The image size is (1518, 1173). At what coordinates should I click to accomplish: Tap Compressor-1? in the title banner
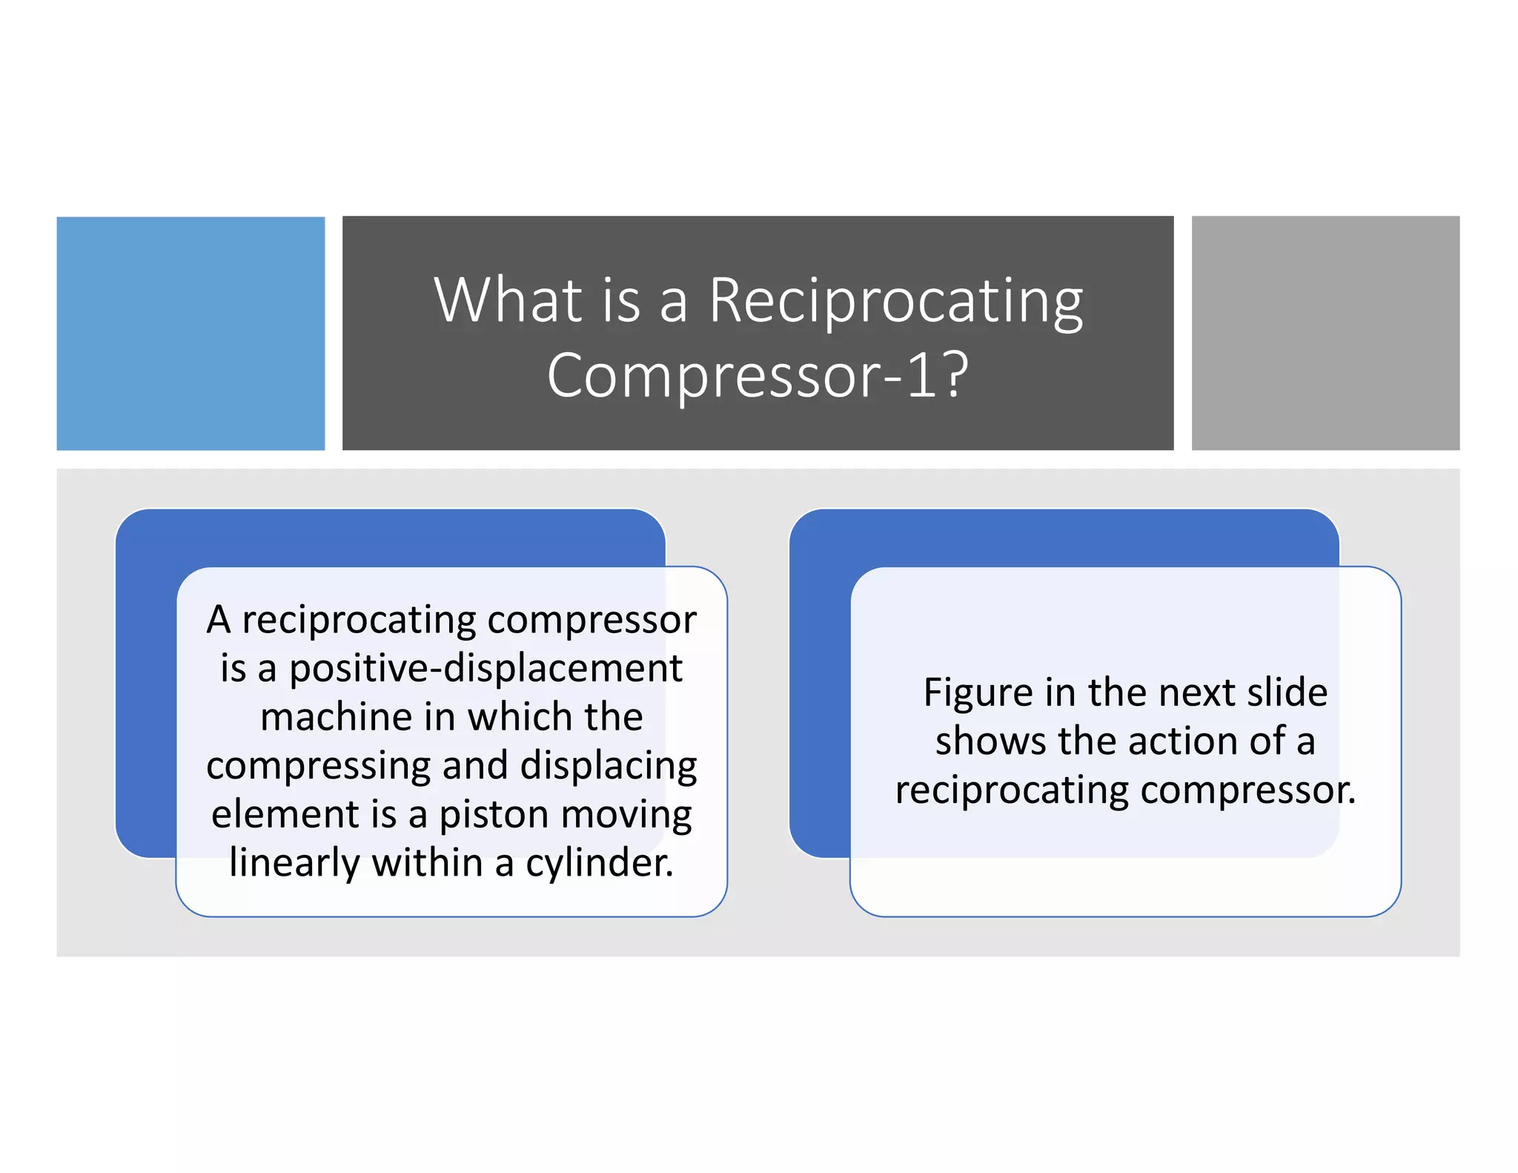click(x=757, y=374)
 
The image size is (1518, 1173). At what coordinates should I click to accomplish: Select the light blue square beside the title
click(x=190, y=333)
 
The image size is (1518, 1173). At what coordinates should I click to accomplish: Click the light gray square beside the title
click(x=1325, y=333)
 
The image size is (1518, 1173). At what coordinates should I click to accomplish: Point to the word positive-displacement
click(x=485, y=668)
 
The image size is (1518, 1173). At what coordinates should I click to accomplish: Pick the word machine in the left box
click(x=336, y=717)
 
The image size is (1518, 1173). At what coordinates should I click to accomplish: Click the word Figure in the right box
click(x=978, y=693)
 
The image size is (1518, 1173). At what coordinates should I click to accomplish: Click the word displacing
click(x=608, y=766)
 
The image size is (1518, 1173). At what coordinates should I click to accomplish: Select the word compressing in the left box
click(x=318, y=766)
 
